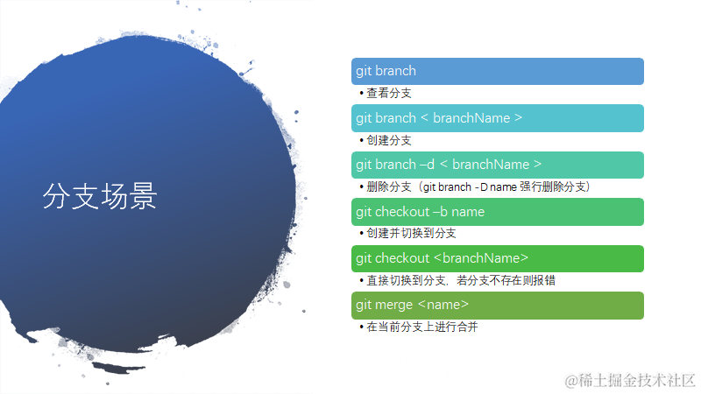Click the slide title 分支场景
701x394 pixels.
[100, 196]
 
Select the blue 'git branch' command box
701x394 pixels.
[497, 71]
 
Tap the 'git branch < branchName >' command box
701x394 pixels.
[497, 118]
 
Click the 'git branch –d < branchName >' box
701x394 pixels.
[497, 165]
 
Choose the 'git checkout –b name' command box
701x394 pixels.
[497, 212]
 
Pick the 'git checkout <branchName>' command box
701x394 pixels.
[497, 258]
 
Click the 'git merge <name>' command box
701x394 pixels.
[497, 305]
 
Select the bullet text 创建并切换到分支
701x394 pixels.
[411, 234]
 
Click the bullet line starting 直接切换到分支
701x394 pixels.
[461, 281]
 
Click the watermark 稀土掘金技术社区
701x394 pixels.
[639, 379]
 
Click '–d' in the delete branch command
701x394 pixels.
[428, 165]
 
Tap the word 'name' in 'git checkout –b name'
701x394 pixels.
[468, 212]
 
